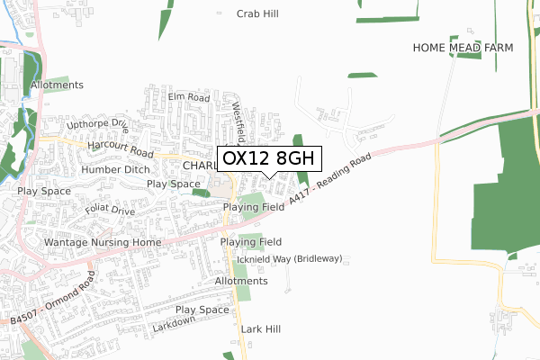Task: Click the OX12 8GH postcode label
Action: [x=269, y=157]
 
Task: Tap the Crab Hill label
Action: [x=258, y=13]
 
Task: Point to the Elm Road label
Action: [x=188, y=97]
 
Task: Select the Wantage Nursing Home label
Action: [x=102, y=243]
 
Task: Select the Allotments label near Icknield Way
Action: [x=242, y=281]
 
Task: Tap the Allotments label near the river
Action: [x=57, y=85]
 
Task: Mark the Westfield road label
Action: [x=238, y=121]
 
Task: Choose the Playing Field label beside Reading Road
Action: [x=254, y=207]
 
